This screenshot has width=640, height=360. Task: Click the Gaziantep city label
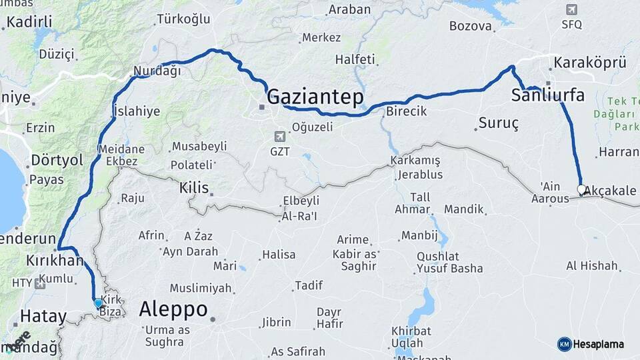tap(315, 97)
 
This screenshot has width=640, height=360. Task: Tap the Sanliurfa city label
tap(547, 95)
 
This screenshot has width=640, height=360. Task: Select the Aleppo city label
tap(173, 310)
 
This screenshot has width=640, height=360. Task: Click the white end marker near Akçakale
tap(581, 190)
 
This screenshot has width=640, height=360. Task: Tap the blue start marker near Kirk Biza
tap(99, 304)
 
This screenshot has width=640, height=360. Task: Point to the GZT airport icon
tap(280, 137)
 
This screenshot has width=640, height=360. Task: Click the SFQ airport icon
tap(571, 9)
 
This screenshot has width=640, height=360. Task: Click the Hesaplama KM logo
tap(565, 344)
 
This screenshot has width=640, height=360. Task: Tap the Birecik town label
tap(406, 111)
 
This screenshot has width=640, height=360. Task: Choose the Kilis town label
tap(194, 188)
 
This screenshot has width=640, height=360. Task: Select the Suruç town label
tap(498, 124)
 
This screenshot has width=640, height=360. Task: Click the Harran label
tap(619, 152)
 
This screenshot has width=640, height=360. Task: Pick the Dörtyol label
tap(57, 161)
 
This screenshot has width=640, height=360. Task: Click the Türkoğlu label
tap(183, 19)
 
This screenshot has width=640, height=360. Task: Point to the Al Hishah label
tap(591, 265)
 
